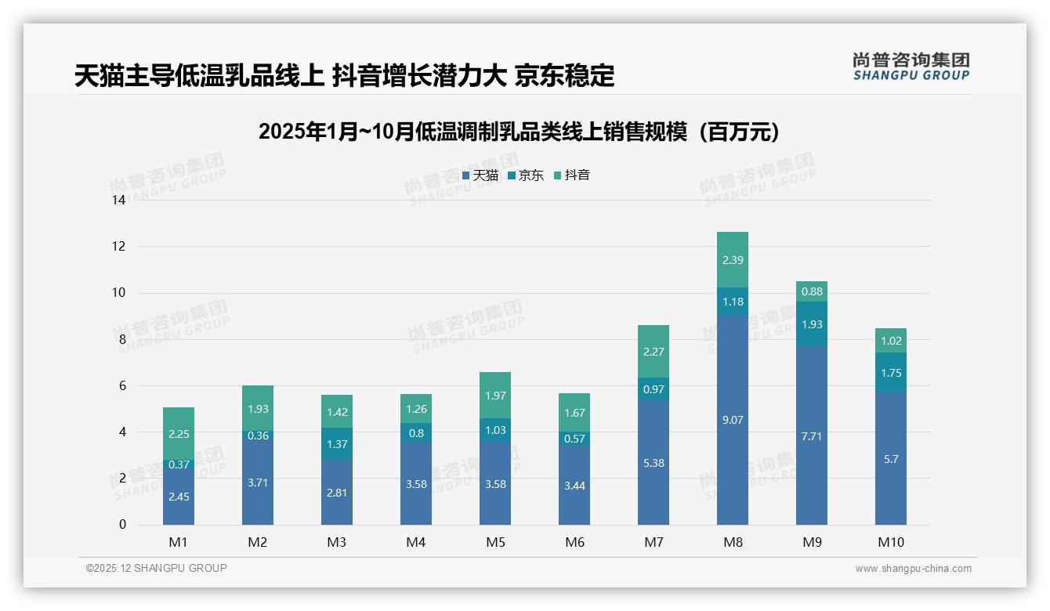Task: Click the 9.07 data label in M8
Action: tap(733, 420)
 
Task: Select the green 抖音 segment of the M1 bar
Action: tap(179, 433)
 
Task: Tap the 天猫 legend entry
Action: tap(480, 175)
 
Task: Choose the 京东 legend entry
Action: tap(526, 175)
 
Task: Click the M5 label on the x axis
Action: tap(495, 542)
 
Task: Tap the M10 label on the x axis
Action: tap(891, 542)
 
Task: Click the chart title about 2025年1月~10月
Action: tap(519, 132)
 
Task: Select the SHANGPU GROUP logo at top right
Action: tap(911, 67)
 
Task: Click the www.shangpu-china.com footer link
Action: tap(913, 569)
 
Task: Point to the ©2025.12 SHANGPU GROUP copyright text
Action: tap(157, 569)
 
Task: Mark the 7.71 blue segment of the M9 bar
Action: tap(812, 436)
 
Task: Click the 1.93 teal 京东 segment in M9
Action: tap(812, 324)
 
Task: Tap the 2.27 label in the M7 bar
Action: tap(654, 352)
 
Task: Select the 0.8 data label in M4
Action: tap(416, 432)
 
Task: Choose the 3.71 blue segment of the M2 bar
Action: tap(258, 483)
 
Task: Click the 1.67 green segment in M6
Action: tap(574, 413)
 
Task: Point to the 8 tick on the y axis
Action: tap(121, 339)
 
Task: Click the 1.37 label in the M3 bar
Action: tap(337, 444)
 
